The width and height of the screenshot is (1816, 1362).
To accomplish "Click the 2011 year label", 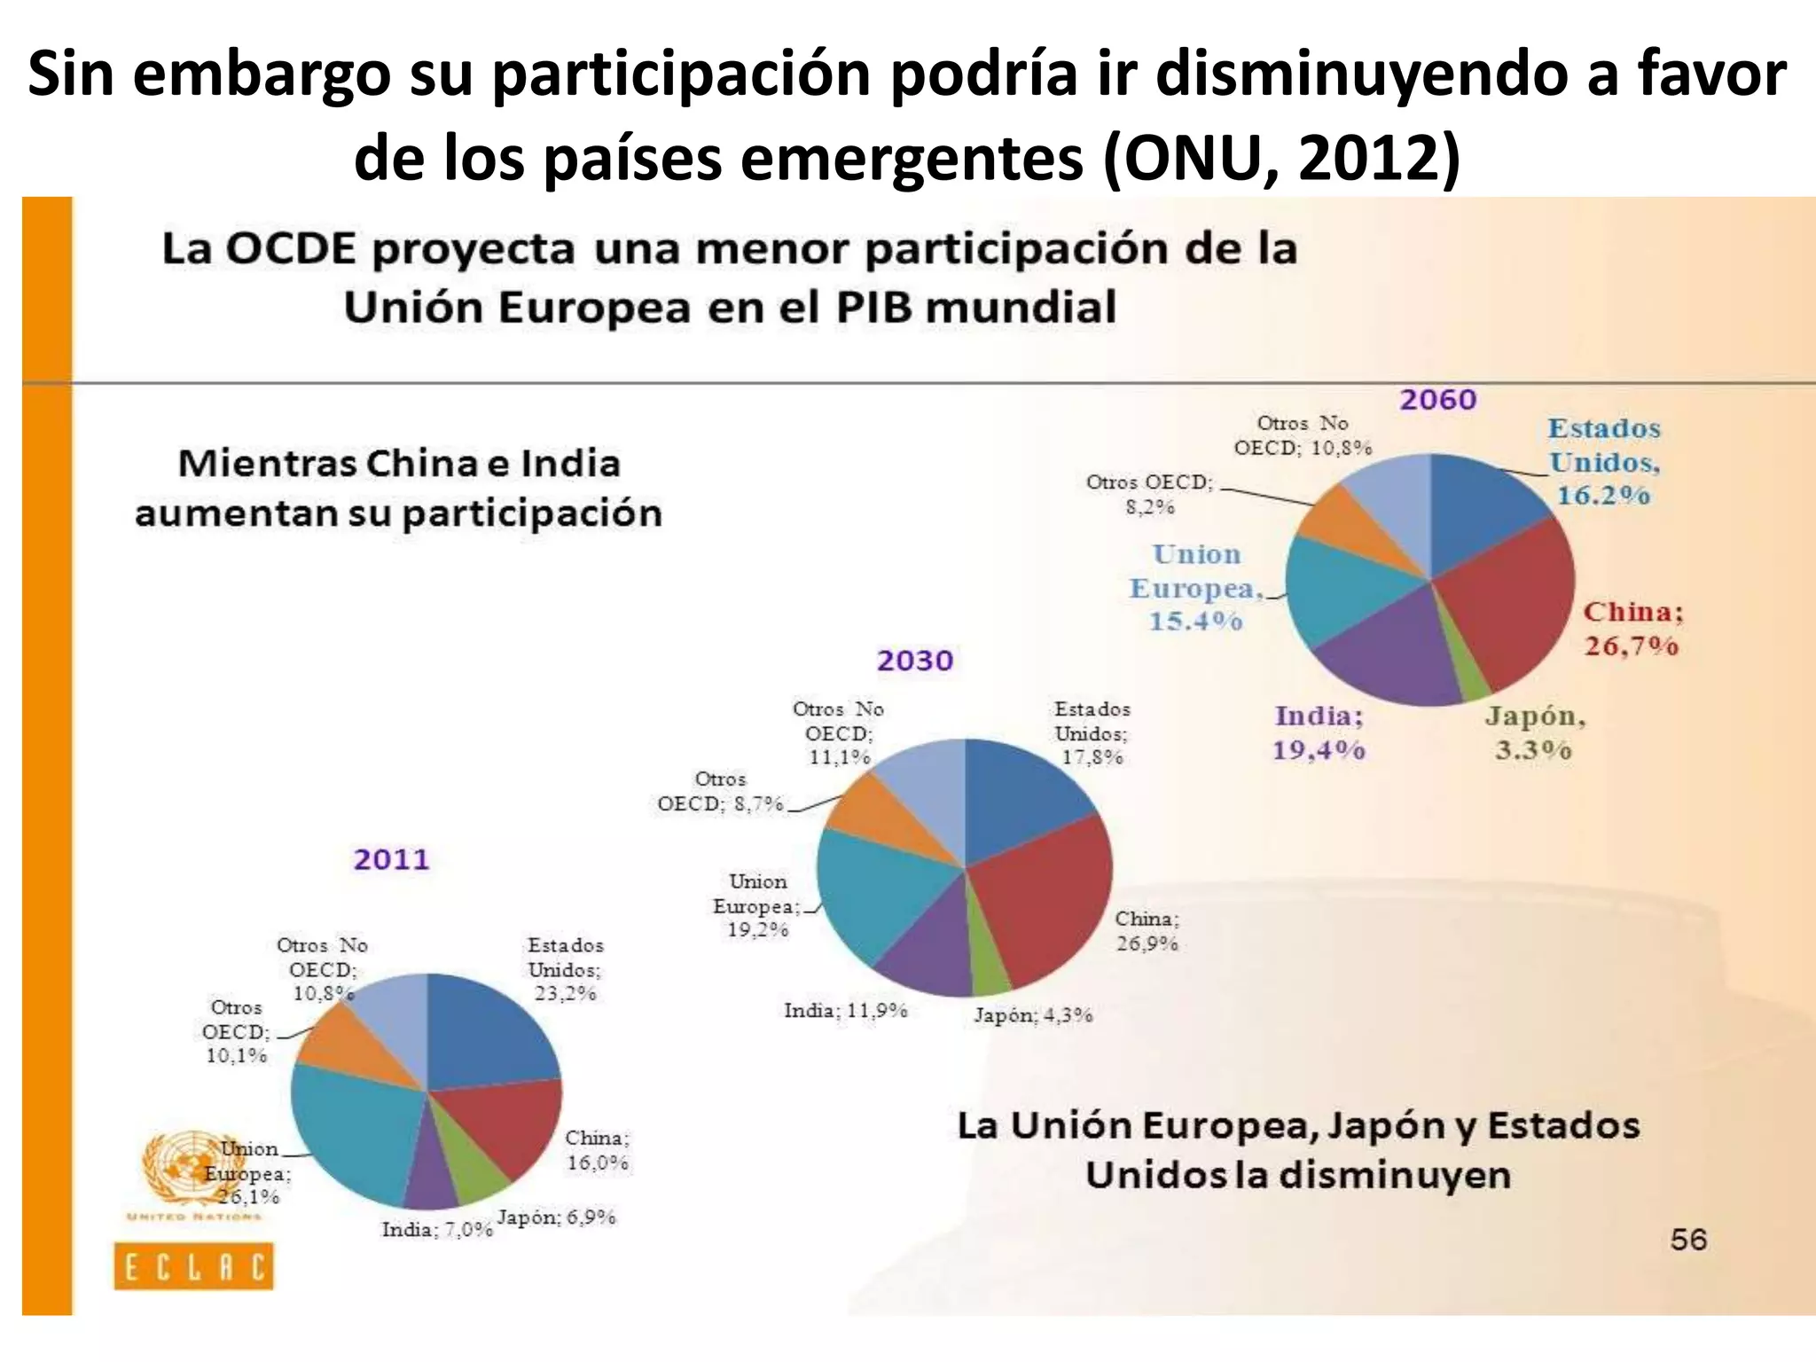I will pos(391,859).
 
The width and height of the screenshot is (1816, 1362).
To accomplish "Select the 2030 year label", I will pos(914,661).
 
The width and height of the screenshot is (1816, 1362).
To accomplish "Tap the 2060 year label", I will pos(1437,400).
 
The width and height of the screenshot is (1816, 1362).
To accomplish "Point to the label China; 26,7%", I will pos(1632,629).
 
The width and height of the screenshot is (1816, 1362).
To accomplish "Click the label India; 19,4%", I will pos(1319,732).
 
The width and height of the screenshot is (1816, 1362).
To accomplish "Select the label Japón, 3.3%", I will pos(1534,732).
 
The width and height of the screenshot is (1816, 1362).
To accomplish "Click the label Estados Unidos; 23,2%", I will pos(565,969).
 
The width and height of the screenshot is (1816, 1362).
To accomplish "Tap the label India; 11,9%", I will pos(845,1011).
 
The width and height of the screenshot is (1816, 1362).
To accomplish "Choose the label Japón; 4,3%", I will pos(1033,1015).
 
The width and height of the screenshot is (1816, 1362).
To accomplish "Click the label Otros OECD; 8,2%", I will pos(1149,494).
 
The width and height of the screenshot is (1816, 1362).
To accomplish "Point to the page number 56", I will pos(1687,1239).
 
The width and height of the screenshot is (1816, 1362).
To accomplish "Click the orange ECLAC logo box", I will pos(193,1266).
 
